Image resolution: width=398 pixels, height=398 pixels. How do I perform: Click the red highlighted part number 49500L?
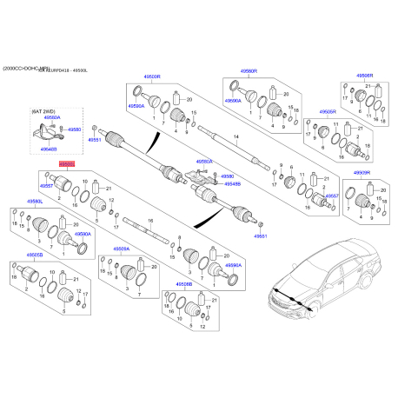pos(66,163)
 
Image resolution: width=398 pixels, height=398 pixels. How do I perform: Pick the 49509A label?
pos(121,249)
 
